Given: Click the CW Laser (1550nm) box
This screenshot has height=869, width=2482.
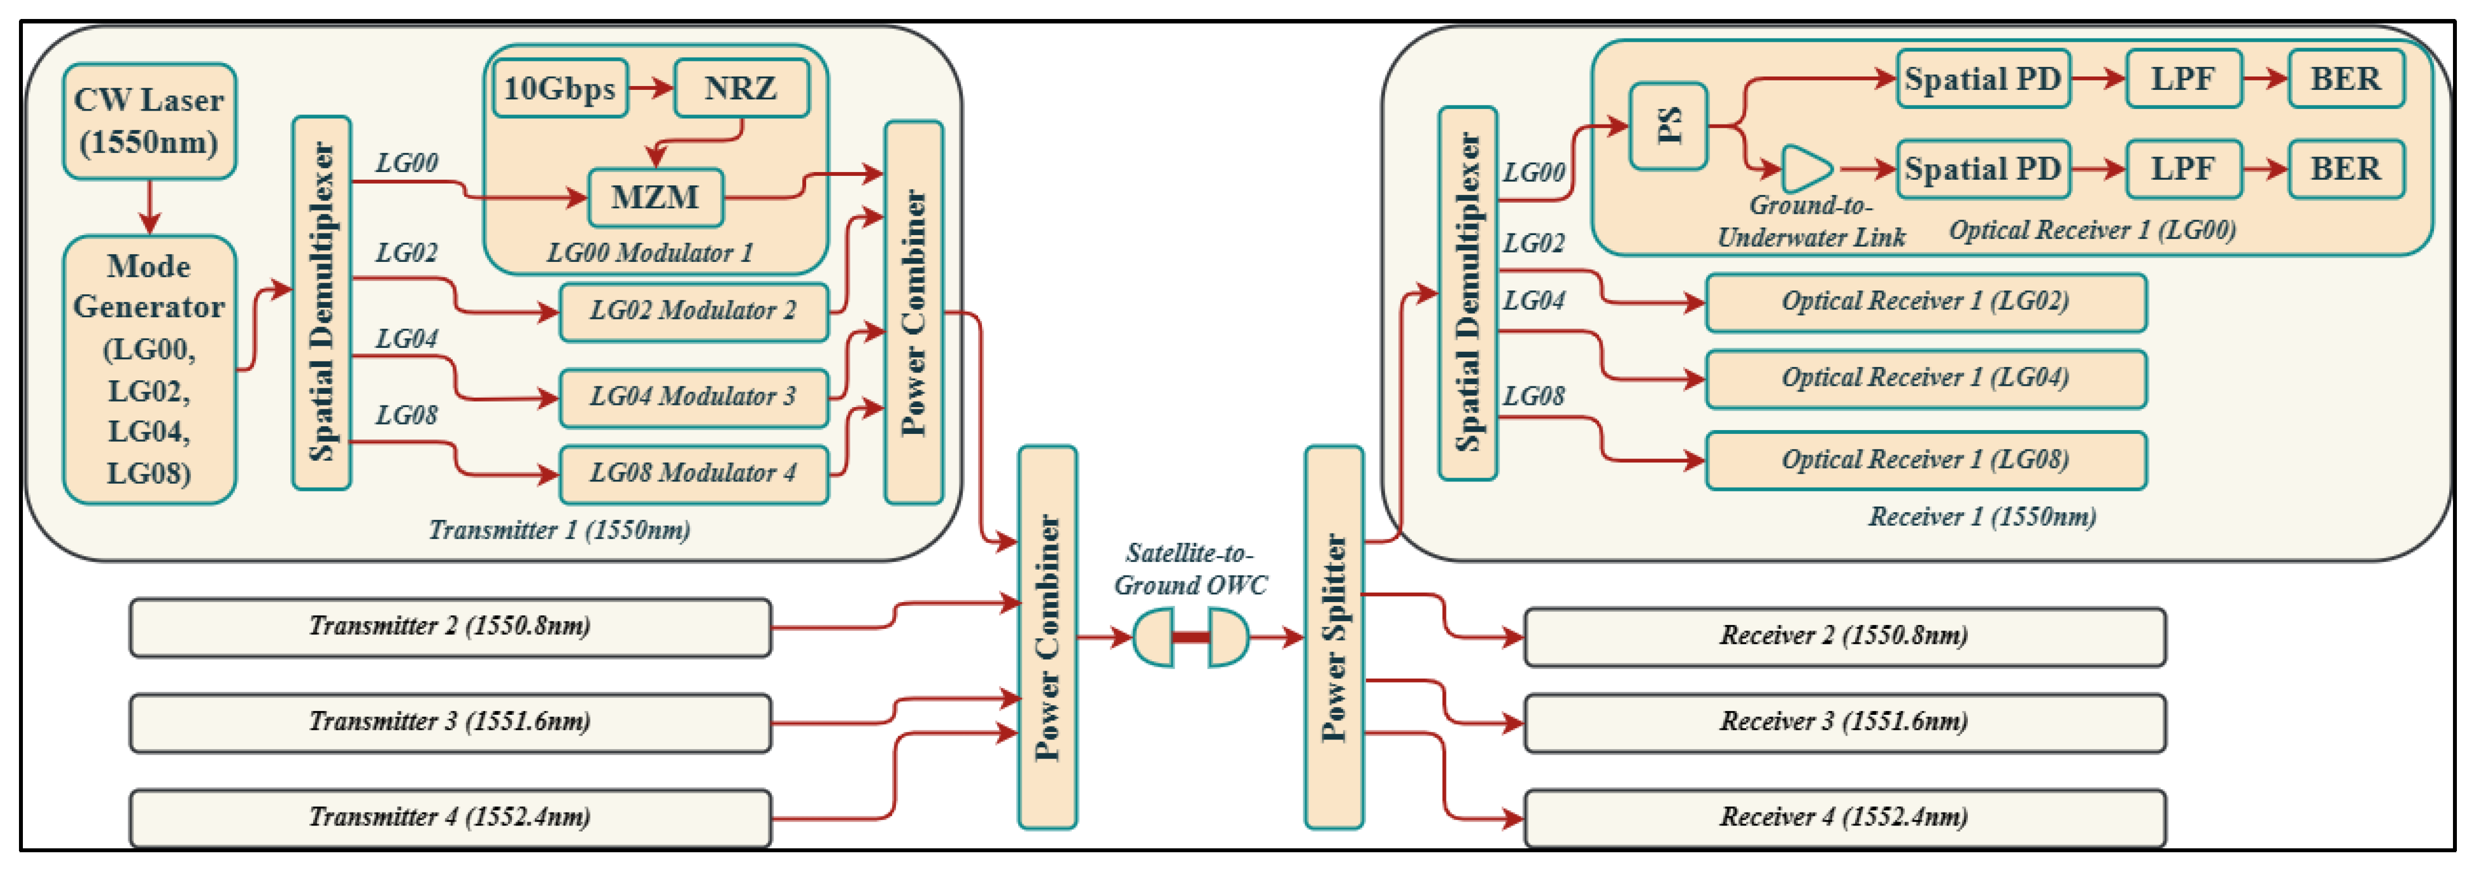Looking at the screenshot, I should tap(150, 121).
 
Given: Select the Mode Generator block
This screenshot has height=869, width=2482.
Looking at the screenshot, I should tap(150, 369).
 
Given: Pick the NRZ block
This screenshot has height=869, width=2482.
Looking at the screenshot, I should tap(741, 89).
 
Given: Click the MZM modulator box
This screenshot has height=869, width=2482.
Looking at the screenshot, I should tap(655, 198).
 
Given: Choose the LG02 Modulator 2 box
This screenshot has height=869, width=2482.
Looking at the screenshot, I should tap(693, 311).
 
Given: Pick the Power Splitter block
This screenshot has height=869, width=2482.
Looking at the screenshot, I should tap(1334, 637).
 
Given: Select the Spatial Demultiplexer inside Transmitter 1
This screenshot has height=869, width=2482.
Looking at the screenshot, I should tap(321, 303).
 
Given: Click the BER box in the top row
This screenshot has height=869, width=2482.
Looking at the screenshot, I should tap(2345, 79).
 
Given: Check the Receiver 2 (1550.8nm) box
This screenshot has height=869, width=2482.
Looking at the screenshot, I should tap(1843, 637).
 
